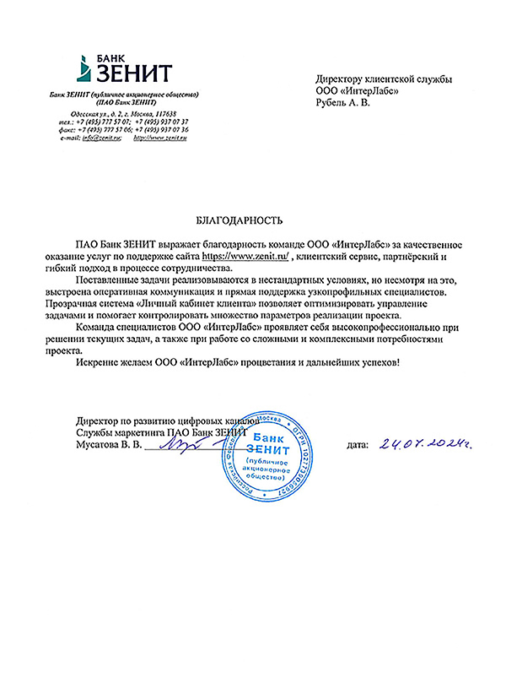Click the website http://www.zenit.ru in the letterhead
coord(160,138)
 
